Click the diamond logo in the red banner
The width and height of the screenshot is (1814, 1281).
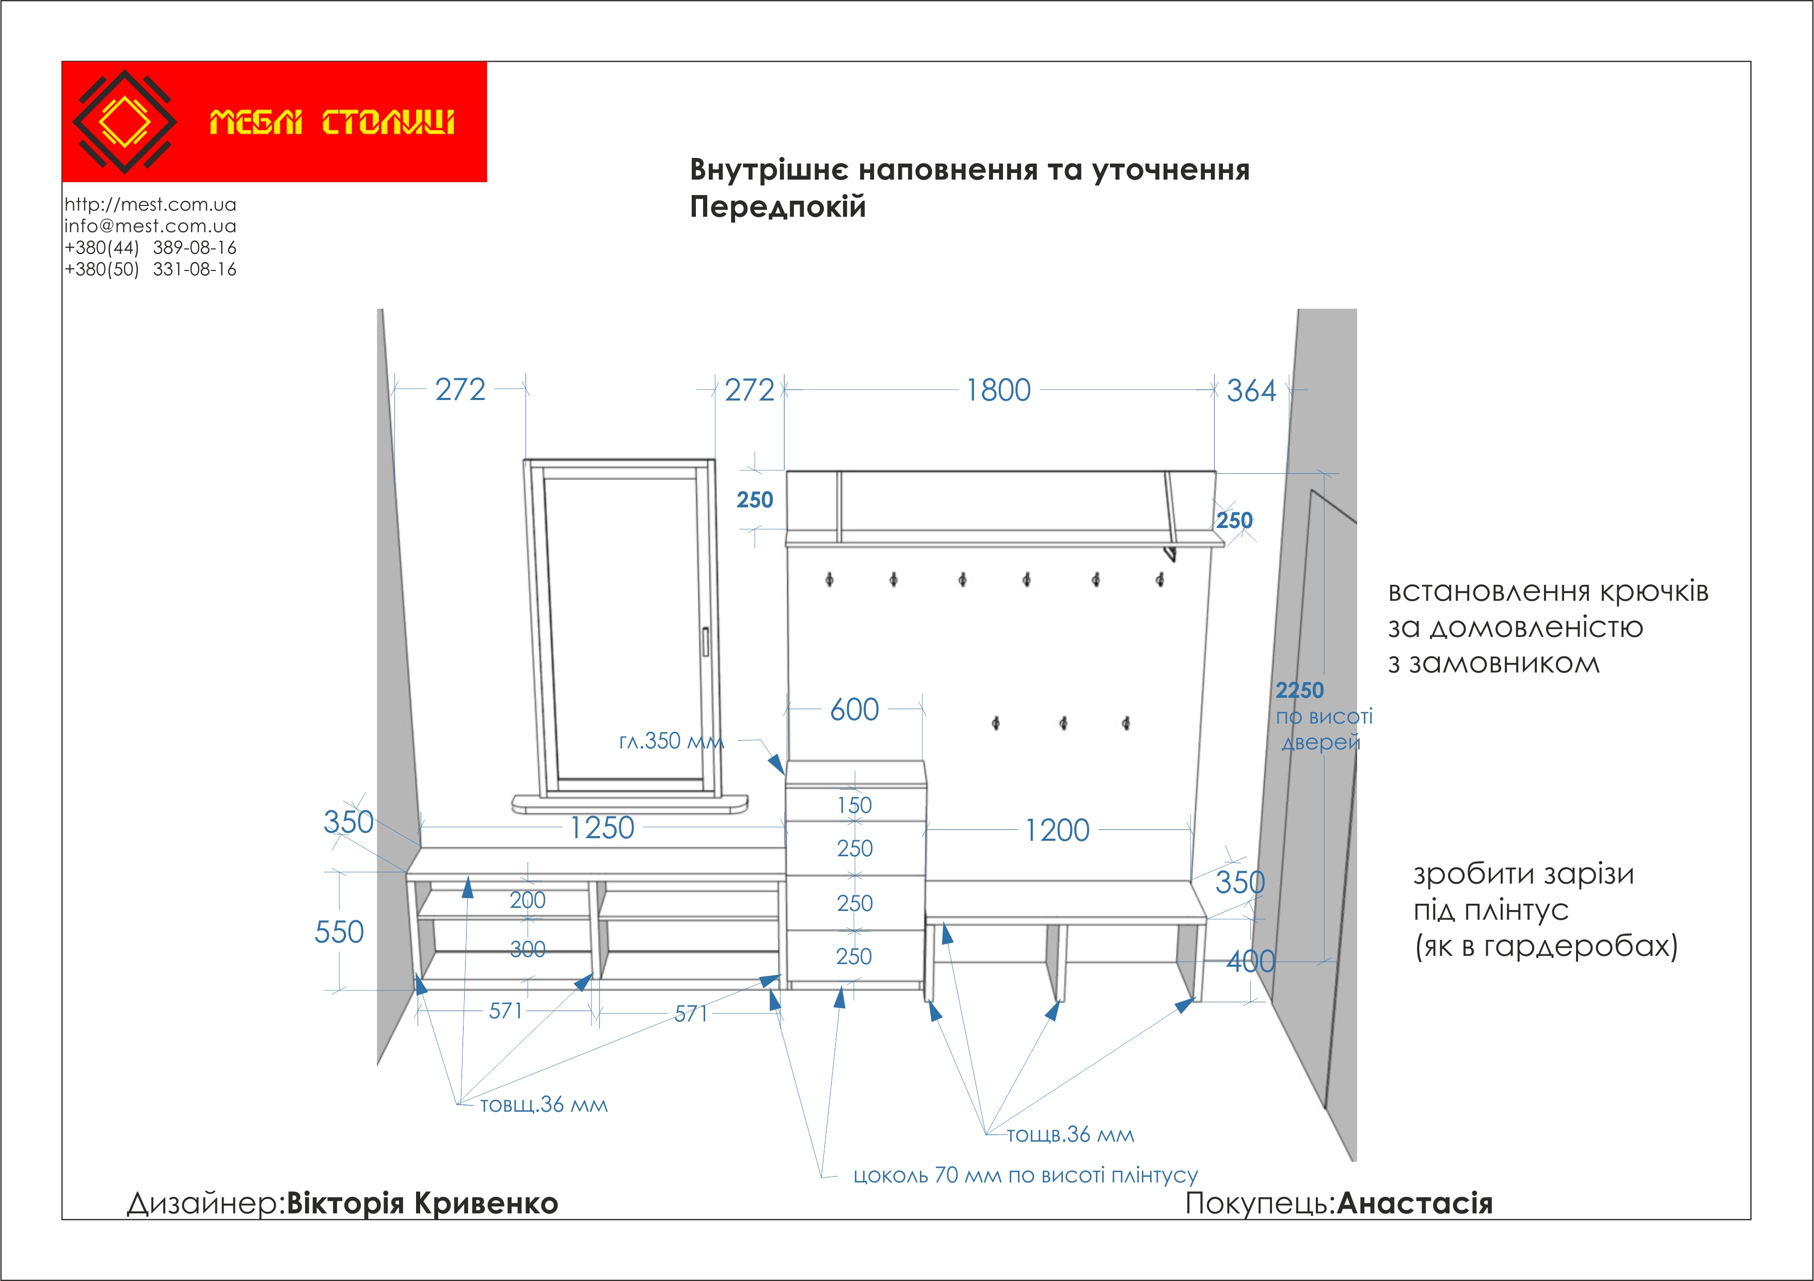click(124, 122)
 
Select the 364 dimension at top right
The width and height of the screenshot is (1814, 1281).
click(1251, 391)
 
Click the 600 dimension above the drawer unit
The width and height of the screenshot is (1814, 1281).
click(854, 709)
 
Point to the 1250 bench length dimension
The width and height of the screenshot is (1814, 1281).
click(602, 828)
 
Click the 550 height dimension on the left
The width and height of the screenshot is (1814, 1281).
click(339, 932)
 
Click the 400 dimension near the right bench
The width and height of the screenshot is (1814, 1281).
click(1251, 961)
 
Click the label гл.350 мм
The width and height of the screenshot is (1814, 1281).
click(671, 741)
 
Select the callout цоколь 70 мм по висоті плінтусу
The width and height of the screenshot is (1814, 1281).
click(1025, 1175)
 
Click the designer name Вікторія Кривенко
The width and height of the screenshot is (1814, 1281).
click(422, 1203)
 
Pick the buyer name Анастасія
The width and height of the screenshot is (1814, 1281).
click(1414, 1203)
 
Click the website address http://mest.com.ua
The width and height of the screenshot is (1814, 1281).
click(150, 204)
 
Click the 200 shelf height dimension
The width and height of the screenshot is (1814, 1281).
click(527, 900)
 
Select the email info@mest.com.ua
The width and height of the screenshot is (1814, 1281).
click(150, 226)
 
